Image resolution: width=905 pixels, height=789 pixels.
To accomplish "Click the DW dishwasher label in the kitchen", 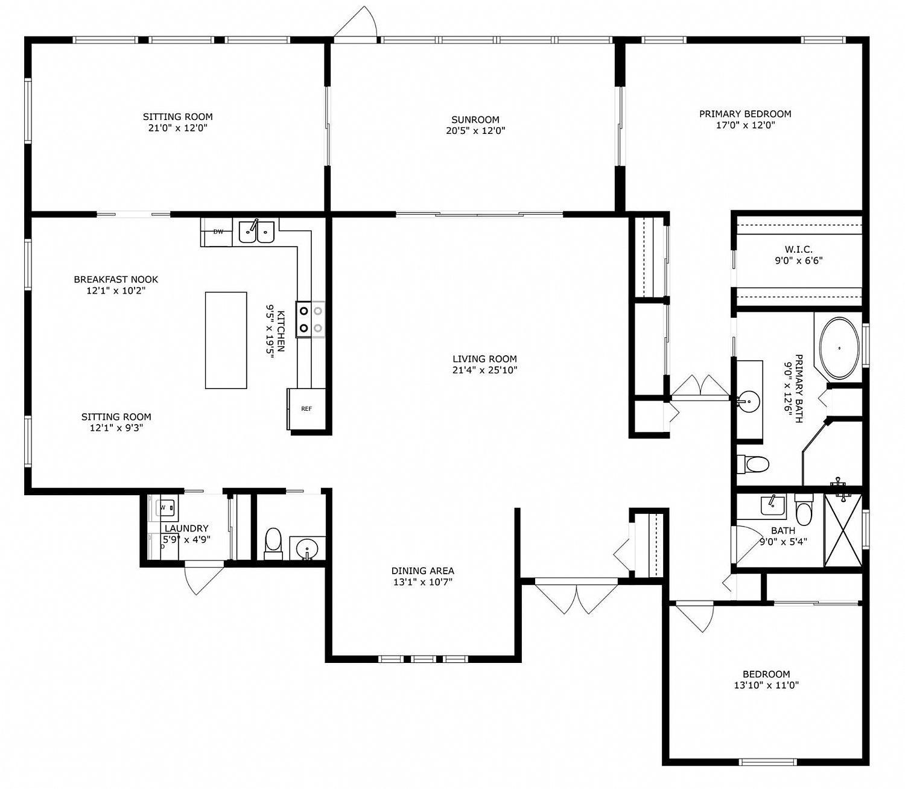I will tap(218, 232).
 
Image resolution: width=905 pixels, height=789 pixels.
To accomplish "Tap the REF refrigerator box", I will tap(306, 409).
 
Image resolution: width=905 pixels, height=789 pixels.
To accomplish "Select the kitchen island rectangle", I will tap(226, 340).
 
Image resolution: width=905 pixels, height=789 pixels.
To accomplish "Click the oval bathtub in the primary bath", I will tap(839, 348).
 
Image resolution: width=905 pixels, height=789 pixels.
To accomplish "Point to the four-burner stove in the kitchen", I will tap(310, 320).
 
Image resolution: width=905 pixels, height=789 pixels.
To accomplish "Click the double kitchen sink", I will tap(256, 232).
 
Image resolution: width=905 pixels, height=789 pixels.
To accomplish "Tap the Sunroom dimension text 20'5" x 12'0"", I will tap(475, 131).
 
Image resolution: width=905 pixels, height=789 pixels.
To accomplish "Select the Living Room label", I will tap(484, 359).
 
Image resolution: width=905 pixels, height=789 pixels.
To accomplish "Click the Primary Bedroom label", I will tap(745, 114).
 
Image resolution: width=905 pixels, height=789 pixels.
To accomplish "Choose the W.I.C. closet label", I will tap(798, 249).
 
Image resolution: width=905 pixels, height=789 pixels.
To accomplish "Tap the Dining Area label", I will tap(422, 571).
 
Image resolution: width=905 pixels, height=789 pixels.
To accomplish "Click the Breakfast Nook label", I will tap(116, 279).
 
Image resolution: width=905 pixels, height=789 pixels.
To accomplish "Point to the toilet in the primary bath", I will tap(754, 464).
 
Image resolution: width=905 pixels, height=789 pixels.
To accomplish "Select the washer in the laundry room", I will tap(166, 508).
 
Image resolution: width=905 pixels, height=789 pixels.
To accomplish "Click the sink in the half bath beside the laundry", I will tap(308, 549).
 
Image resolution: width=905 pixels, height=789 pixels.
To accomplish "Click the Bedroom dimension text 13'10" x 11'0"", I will tap(766, 685).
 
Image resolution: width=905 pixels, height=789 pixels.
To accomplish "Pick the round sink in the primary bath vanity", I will tap(749, 401).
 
